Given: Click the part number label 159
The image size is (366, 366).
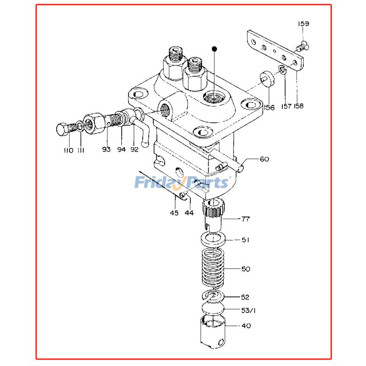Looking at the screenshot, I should coord(304,23).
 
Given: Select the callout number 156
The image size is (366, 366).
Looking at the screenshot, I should coord(269,108).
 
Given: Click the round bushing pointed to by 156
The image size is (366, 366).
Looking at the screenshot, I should coord(266,79).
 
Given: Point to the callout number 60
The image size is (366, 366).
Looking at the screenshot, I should coord(264,159).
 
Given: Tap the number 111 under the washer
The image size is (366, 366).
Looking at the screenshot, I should coord(81,150).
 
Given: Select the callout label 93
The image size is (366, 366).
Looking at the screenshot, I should coord(106,150).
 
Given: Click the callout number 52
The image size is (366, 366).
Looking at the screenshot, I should coord(246,297).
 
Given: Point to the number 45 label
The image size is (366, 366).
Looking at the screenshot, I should coord(174,213).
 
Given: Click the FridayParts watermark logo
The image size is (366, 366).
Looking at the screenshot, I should coord(181,183).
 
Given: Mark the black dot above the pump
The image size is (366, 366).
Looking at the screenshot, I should coord(214,48).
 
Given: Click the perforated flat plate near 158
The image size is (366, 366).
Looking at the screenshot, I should coord(274,49).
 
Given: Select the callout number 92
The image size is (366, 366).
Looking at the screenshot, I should coord(134,150).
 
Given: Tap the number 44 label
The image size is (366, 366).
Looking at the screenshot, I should coord(188,213).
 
